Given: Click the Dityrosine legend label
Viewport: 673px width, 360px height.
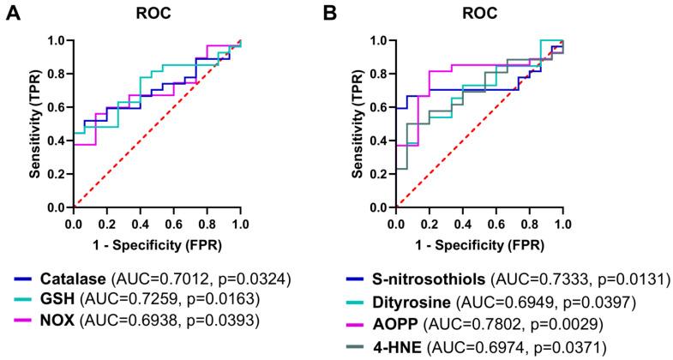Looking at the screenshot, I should (399, 300).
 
